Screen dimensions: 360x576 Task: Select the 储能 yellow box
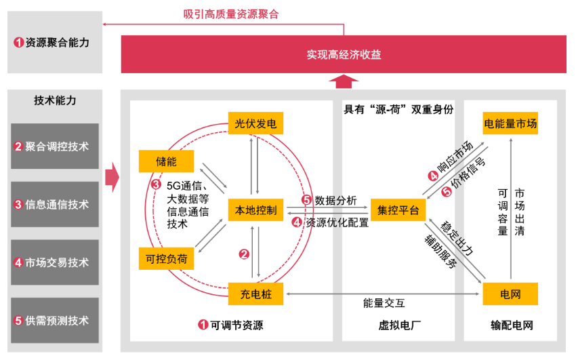tap(166, 161)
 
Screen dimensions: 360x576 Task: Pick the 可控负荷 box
tap(166, 258)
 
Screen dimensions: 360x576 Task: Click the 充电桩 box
tap(254, 294)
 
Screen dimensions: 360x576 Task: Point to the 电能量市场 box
tap(510, 123)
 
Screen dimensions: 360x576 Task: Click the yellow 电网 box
tap(510, 294)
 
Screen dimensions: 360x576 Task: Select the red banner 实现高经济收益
tap(344, 54)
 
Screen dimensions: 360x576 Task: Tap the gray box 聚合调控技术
tap(55, 146)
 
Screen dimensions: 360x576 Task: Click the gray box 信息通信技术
tap(55, 204)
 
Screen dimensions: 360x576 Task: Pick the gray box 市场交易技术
tap(55, 262)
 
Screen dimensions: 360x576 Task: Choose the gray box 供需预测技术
tap(55, 321)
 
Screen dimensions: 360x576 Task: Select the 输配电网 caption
tap(511, 325)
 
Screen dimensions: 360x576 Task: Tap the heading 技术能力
tap(55, 100)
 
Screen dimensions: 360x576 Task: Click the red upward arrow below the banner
tap(344, 81)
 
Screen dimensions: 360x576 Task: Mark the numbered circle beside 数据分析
tap(306, 200)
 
